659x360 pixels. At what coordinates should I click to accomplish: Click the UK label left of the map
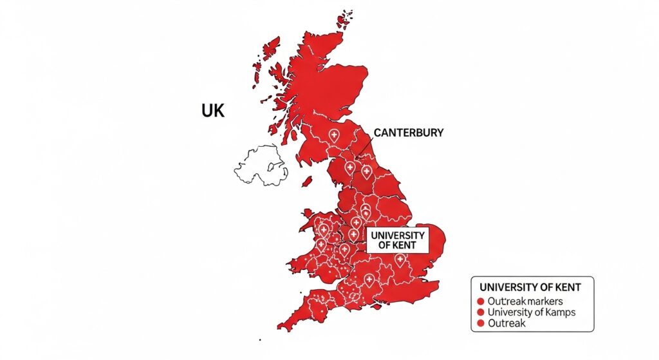point(213,111)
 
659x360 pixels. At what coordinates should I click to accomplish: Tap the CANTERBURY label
point(408,133)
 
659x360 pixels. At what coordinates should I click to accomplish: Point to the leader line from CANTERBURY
point(364,147)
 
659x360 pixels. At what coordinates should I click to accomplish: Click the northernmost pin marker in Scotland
point(333,135)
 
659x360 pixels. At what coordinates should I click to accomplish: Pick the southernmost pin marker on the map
point(369,279)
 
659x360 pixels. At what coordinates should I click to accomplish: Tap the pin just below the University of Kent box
point(400,260)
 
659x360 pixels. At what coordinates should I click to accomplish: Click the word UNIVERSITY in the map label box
point(398,236)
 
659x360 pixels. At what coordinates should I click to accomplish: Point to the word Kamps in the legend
point(559,312)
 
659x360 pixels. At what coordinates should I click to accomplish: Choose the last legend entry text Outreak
point(506,323)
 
